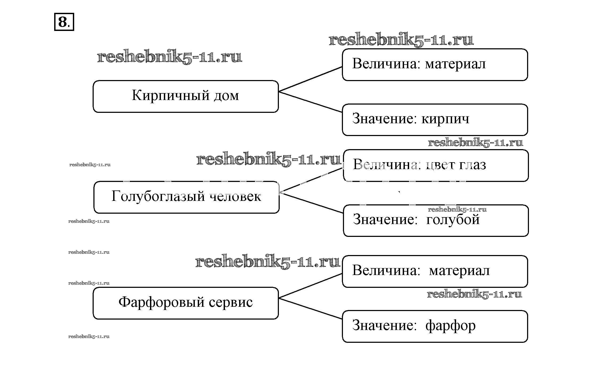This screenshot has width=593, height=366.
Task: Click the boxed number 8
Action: (64, 22)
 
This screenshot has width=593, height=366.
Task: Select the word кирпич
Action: (445, 119)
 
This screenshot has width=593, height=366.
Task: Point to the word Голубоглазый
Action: (158, 197)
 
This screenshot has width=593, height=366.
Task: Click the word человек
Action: (235, 197)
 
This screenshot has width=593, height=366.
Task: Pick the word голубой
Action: (453, 220)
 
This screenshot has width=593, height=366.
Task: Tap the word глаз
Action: (472, 165)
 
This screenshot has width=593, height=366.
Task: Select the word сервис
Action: (231, 303)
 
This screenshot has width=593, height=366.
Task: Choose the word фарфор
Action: (450, 326)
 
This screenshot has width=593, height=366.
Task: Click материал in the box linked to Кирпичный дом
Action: (455, 64)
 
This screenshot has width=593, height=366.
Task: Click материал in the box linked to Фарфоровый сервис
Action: (459, 271)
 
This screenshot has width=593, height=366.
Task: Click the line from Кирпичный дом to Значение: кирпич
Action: (310, 102)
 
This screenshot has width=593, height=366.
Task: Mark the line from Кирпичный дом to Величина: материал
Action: (310, 79)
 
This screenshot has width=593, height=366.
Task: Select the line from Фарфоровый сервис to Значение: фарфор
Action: (310, 309)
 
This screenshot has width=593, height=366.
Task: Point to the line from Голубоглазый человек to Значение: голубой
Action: (312, 203)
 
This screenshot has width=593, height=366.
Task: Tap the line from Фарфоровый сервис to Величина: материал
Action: (310, 286)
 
